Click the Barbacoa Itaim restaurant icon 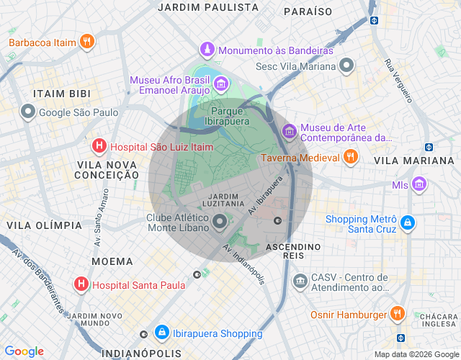86,42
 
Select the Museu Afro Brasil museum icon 221,86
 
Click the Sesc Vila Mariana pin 346,66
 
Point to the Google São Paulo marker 28,112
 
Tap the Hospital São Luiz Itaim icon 99,147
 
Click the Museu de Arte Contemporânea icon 290,131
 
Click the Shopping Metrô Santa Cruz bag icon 408,224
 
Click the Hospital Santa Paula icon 81,284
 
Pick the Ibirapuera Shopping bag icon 162,333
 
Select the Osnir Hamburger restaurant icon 396,314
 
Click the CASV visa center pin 299,278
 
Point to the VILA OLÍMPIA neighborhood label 44,225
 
